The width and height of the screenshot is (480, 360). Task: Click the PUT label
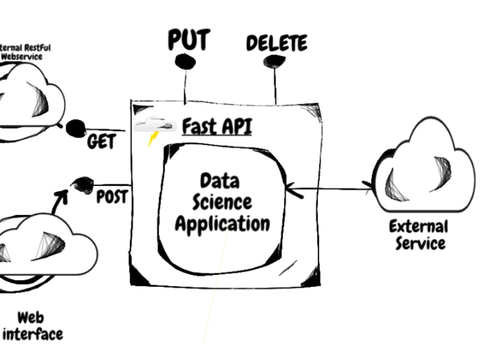click(x=189, y=39)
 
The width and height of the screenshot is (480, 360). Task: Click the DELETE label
click(x=277, y=43)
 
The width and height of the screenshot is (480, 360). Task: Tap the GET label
click(x=101, y=142)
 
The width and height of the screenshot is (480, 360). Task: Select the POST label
click(x=112, y=196)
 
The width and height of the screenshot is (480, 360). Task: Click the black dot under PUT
click(x=185, y=62)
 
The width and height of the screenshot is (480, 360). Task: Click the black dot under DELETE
click(x=274, y=61)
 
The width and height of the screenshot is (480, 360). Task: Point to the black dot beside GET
click(x=76, y=128)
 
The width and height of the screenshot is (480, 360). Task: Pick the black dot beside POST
click(x=83, y=185)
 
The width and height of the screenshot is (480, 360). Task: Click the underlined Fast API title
click(x=217, y=126)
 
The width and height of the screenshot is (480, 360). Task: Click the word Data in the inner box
click(x=220, y=180)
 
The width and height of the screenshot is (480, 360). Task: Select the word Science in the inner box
click(x=222, y=202)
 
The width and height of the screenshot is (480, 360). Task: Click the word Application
click(x=223, y=224)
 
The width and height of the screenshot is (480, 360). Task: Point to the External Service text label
click(x=419, y=235)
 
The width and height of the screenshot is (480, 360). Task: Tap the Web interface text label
click(x=32, y=326)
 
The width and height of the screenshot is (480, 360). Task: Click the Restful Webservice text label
click(x=24, y=52)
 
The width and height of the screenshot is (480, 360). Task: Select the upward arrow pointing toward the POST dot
click(x=60, y=201)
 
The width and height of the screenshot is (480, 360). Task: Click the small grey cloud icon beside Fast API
click(x=155, y=125)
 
